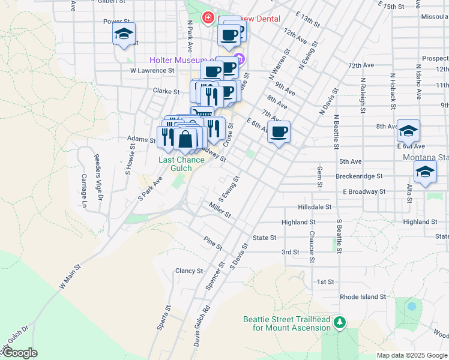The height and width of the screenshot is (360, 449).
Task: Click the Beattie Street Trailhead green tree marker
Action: (x=340, y=323)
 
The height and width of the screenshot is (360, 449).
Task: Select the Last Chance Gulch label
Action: (x=175, y=164)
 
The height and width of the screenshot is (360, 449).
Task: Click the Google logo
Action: (x=19, y=353)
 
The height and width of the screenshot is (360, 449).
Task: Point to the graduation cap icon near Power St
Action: (x=124, y=34)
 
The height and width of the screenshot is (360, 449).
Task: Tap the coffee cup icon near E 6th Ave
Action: (x=279, y=132)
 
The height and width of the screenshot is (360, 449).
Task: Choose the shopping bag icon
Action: (x=185, y=139)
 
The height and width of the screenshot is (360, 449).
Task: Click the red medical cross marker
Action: (x=208, y=19)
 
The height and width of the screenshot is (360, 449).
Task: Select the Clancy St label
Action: (x=189, y=271)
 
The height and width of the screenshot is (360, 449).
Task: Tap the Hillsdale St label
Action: (x=315, y=206)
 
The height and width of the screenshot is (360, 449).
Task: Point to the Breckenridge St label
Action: (x=359, y=176)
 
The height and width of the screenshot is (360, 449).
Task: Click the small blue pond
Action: (x=411, y=306)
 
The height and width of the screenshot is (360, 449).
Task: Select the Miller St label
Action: (x=220, y=211)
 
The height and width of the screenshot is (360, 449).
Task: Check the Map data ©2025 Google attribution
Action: (x=411, y=355)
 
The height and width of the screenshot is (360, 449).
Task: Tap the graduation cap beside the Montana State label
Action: (x=425, y=172)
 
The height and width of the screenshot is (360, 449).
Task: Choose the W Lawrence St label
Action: (x=152, y=70)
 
